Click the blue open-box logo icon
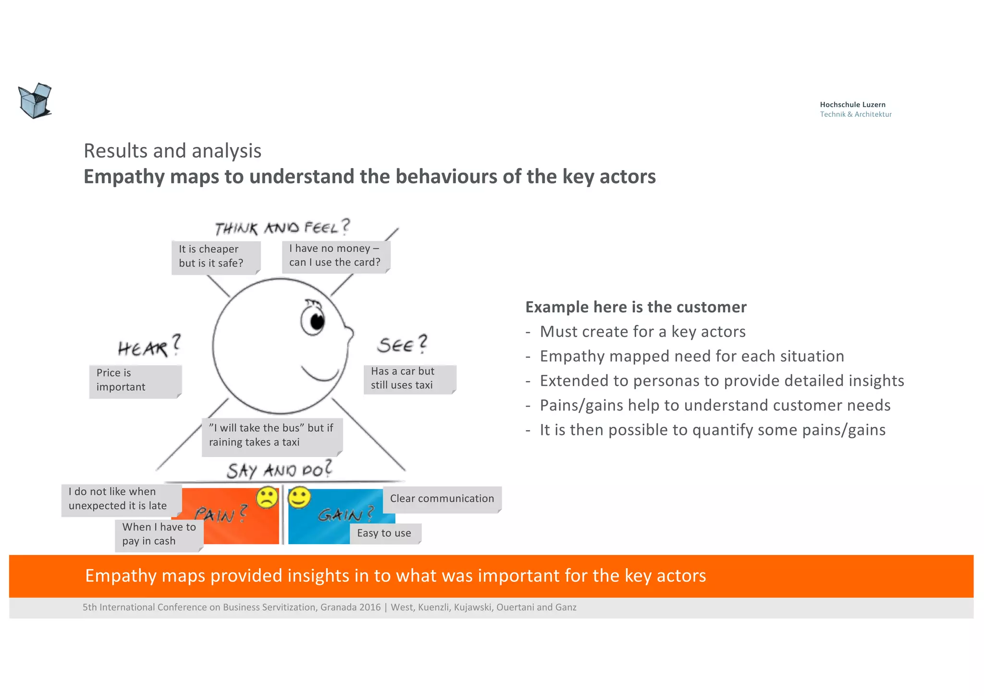point(35,101)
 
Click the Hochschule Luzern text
point(852,105)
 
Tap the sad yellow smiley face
point(267,498)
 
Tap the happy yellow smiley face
point(299,498)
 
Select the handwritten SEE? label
point(402,345)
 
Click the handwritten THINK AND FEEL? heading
point(282,227)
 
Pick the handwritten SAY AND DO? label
point(279,470)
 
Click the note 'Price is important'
point(135,381)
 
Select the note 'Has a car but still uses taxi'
point(409,379)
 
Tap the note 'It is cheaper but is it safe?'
point(215,257)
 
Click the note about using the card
point(335,256)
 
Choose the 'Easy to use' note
point(385,534)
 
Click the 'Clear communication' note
point(442,499)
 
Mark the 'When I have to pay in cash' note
point(159,534)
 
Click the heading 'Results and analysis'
point(172,151)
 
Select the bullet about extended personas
point(722,381)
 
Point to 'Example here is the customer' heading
point(636,307)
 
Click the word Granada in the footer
point(338,608)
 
